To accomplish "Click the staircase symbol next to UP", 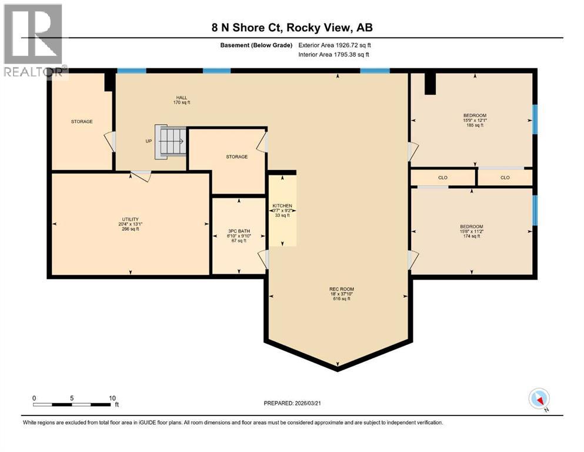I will coord(169,141).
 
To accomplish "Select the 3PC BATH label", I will coord(238,232).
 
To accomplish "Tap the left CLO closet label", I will coord(443,177).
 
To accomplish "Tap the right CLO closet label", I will coord(505,177).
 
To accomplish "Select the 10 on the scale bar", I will coord(112,398).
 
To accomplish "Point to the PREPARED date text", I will coord(292,403).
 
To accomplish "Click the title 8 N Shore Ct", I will coord(292,27).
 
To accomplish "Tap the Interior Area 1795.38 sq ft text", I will coord(334,54).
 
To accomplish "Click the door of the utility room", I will coord(141,175).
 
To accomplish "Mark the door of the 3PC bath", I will coord(263,259).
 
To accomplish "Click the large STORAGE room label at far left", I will coord(82,121).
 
